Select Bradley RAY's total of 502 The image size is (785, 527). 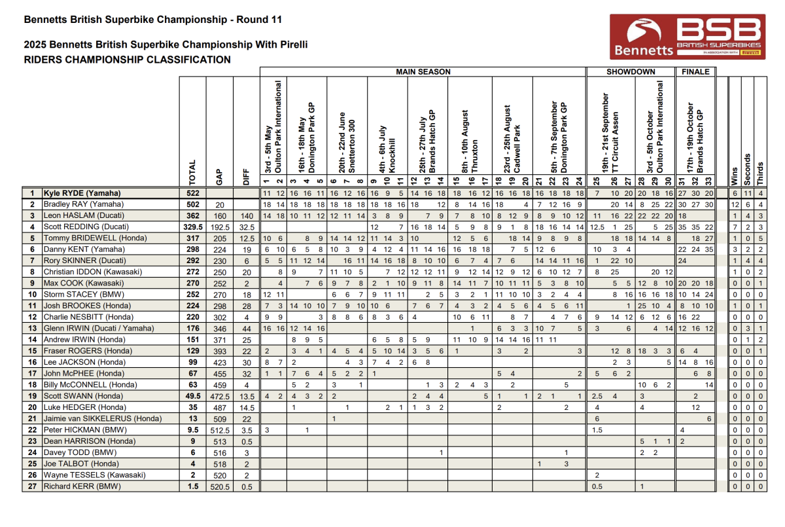point(192,204)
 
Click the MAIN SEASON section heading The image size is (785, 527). point(423,71)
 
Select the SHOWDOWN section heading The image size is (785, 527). point(631,71)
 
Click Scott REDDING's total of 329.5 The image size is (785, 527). point(192,227)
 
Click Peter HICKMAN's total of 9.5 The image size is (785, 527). point(192,430)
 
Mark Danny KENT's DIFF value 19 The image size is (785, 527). point(247,249)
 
